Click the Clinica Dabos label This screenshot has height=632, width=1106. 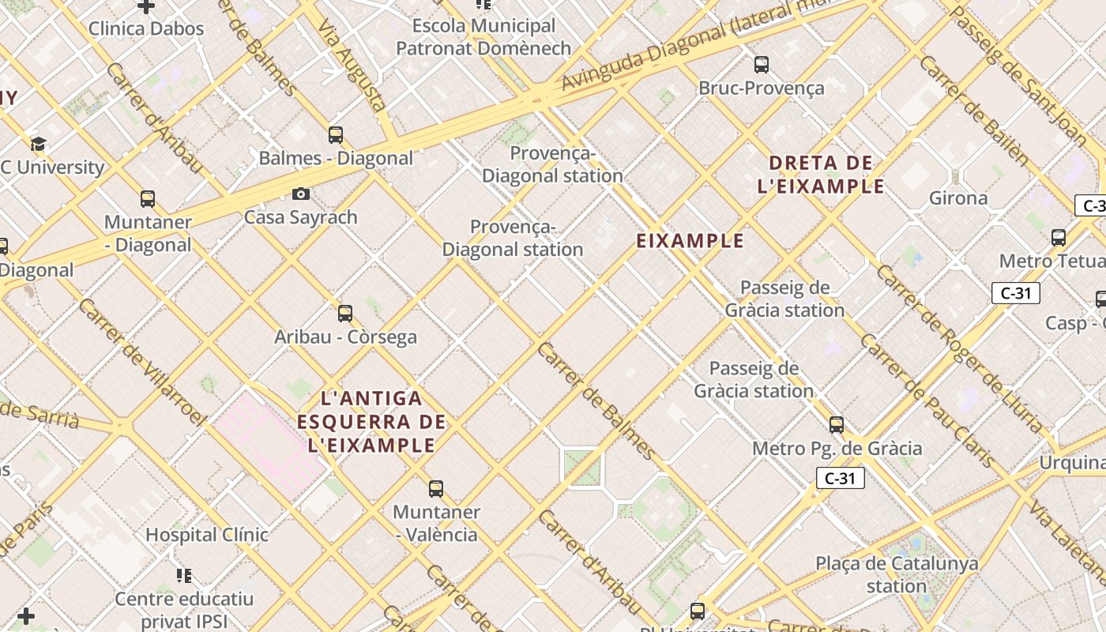pos(146,29)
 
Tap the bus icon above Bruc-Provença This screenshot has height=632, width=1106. pos(762,65)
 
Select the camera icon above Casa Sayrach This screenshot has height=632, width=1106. pos(301,194)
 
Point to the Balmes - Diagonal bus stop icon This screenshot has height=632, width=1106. pos(336,135)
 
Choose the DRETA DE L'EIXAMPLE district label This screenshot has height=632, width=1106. pos(821,175)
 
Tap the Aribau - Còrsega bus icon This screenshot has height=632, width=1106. pos(345,314)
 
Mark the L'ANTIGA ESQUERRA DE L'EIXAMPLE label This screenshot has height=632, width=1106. pos(371,421)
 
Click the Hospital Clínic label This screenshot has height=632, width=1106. pos(207,535)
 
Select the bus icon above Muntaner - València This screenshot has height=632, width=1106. pos(436,489)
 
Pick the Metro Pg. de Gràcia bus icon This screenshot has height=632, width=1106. pos(837,425)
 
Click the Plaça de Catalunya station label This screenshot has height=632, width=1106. pos(897,575)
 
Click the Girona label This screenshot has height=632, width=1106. pos(958,197)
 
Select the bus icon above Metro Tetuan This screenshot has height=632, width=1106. pos(1059,238)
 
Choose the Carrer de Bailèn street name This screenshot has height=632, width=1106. pos(973,110)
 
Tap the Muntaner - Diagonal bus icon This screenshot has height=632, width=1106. pos(148,199)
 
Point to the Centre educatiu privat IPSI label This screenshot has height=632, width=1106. pos(184,609)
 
